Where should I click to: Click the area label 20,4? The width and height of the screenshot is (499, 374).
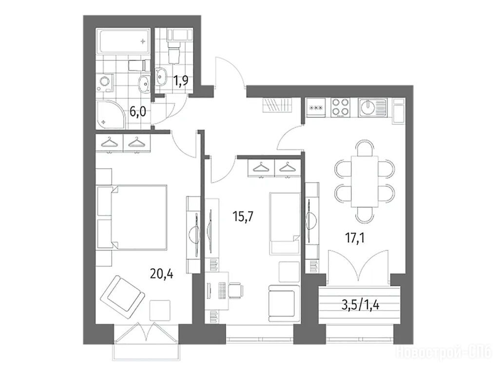161,273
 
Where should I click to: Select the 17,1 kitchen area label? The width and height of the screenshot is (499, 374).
355,237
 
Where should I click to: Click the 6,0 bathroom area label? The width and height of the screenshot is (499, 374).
137,112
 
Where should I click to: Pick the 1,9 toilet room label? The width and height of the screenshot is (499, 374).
180,80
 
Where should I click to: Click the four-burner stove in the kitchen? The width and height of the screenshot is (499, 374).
341,107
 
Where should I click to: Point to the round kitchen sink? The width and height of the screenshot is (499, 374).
368,107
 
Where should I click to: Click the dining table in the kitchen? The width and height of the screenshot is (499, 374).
365,181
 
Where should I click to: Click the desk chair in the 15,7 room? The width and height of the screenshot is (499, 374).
236,290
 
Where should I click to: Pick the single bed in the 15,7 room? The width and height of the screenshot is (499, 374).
285,223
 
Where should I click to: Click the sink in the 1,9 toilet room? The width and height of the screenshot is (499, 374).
161,76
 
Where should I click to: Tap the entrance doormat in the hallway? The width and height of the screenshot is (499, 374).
277,105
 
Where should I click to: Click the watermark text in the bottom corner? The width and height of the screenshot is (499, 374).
444,353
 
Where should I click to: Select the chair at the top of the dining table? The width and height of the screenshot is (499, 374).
365,149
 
